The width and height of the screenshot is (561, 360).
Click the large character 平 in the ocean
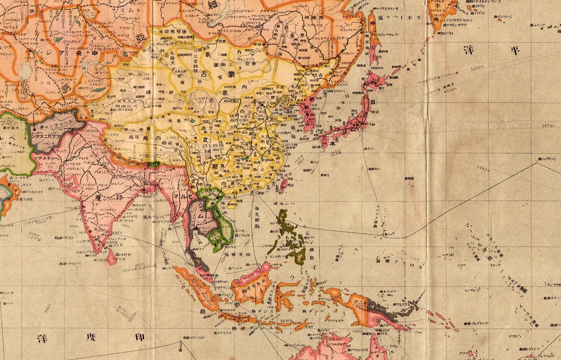515,50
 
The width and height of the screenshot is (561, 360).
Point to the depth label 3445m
484,169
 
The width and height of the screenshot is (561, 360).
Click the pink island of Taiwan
283,185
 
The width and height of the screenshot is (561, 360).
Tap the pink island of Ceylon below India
112,257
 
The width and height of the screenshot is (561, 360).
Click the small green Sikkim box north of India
154,164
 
